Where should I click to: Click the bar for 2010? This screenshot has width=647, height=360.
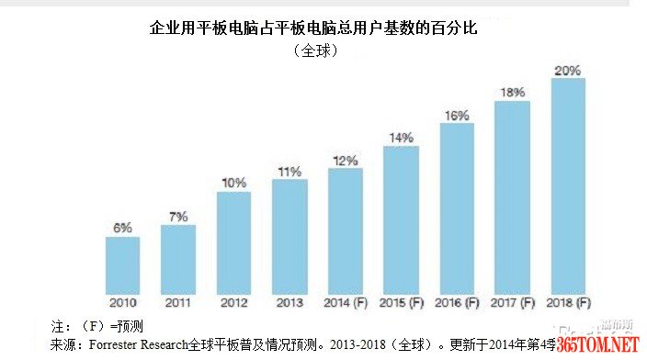(122, 263)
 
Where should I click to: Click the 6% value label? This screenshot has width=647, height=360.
(122, 227)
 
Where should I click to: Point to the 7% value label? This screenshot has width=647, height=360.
(177, 216)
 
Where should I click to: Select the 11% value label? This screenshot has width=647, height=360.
(289, 171)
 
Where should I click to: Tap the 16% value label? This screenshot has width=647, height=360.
(457, 115)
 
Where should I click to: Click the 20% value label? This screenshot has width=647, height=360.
(567, 70)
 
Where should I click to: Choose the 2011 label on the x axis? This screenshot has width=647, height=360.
(177, 302)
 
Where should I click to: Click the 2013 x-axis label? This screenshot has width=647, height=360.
(289, 302)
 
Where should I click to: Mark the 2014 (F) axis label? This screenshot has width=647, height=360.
(345, 302)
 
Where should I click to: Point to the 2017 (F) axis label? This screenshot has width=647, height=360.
(512, 302)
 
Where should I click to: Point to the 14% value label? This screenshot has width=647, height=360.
(401, 138)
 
